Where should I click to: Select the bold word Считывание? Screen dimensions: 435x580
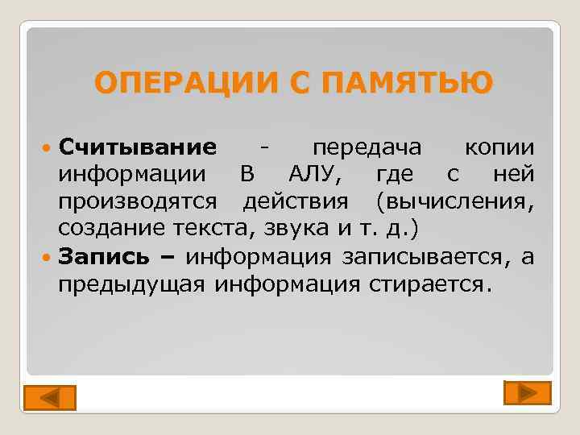pyautogui.click(x=138, y=148)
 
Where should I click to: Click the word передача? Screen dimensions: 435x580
pyautogui.click(x=367, y=148)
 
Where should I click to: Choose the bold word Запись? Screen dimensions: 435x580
pyautogui.click(x=104, y=256)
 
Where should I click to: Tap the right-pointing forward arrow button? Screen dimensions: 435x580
pyautogui.click(x=527, y=392)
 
